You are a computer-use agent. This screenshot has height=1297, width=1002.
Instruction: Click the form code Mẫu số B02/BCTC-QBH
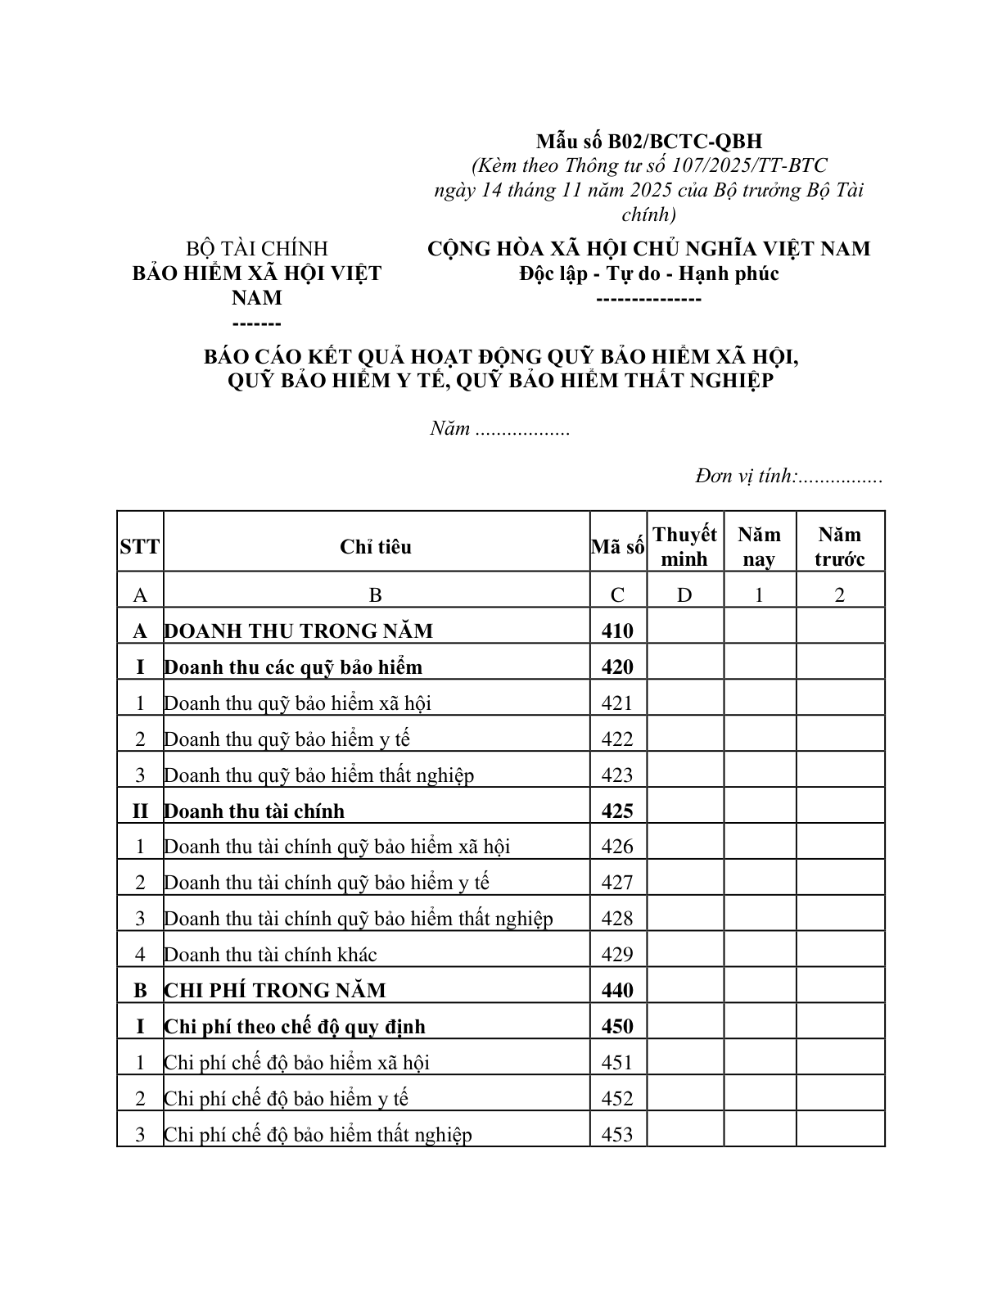[x=648, y=142]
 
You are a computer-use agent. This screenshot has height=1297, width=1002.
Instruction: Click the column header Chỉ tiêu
[x=376, y=547]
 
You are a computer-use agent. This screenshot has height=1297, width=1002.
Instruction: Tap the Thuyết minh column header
[x=684, y=547]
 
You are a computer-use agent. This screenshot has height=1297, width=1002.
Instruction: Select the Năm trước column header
[x=839, y=547]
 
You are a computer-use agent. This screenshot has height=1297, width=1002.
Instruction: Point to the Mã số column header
[x=617, y=547]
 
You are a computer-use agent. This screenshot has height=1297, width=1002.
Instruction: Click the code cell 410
[x=617, y=630]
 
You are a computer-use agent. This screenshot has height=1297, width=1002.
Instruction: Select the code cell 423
[x=617, y=775]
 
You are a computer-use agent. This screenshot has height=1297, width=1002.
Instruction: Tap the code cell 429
[x=617, y=954]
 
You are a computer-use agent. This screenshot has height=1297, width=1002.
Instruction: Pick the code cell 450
[x=617, y=1026]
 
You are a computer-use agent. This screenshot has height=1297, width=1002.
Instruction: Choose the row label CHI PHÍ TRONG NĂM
[x=275, y=990]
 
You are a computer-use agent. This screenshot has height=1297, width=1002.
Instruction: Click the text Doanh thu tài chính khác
[x=270, y=954]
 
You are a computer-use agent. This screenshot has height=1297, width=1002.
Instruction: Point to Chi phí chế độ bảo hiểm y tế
[x=286, y=1098]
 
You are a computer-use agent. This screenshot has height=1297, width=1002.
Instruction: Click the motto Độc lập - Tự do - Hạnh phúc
[x=648, y=273]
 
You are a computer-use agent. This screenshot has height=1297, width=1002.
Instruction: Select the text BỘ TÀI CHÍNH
[x=257, y=249]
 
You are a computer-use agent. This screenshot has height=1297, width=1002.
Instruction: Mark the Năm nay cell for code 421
[x=759, y=703]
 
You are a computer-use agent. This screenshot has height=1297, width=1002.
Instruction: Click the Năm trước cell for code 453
[x=839, y=1134]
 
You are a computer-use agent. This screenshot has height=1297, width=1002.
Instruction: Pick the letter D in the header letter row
[x=684, y=595]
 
